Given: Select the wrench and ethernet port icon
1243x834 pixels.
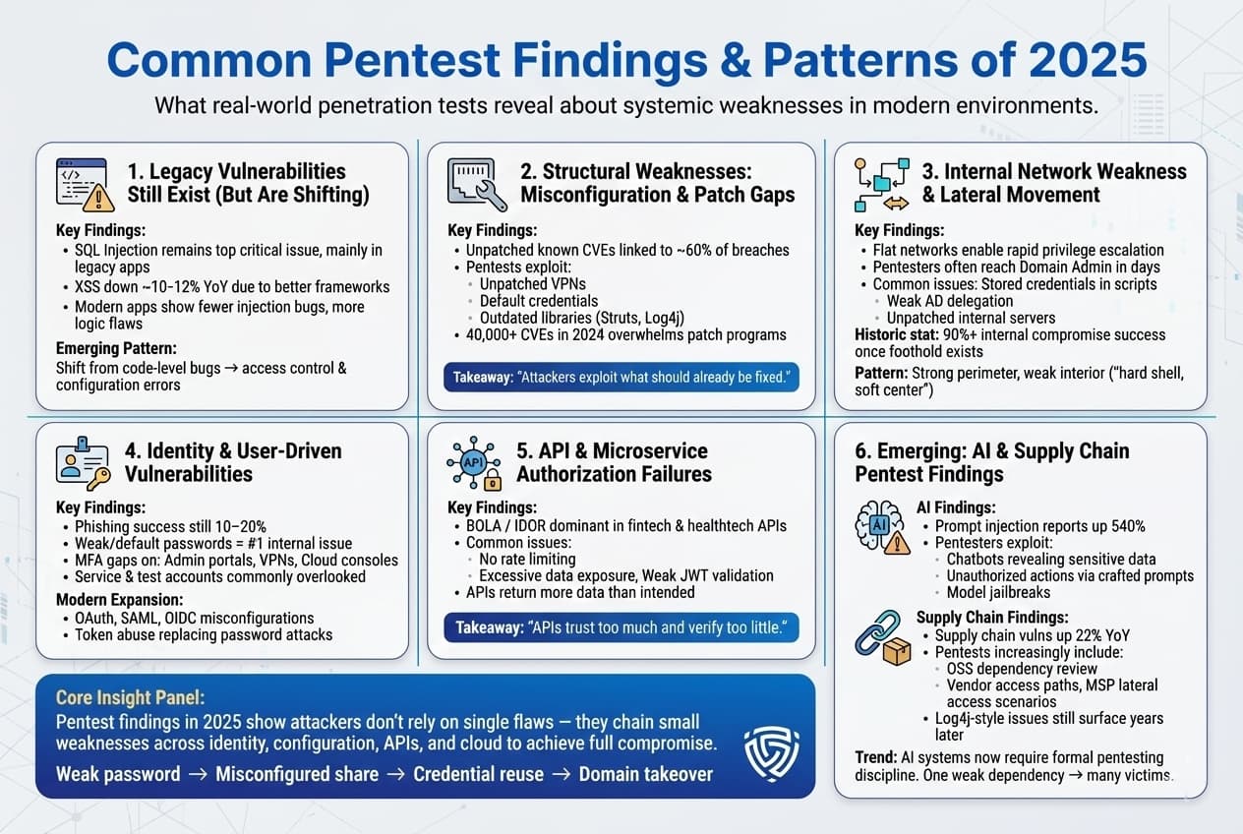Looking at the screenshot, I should point(477,184).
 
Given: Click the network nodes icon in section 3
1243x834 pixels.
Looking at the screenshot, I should point(881,184).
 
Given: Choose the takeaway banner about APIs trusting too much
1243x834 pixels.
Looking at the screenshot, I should point(621,626).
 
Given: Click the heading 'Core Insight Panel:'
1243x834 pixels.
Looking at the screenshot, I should point(130,698).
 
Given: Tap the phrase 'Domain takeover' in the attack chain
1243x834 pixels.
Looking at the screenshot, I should point(645,774).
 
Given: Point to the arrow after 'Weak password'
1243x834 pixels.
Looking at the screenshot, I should point(198,774).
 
